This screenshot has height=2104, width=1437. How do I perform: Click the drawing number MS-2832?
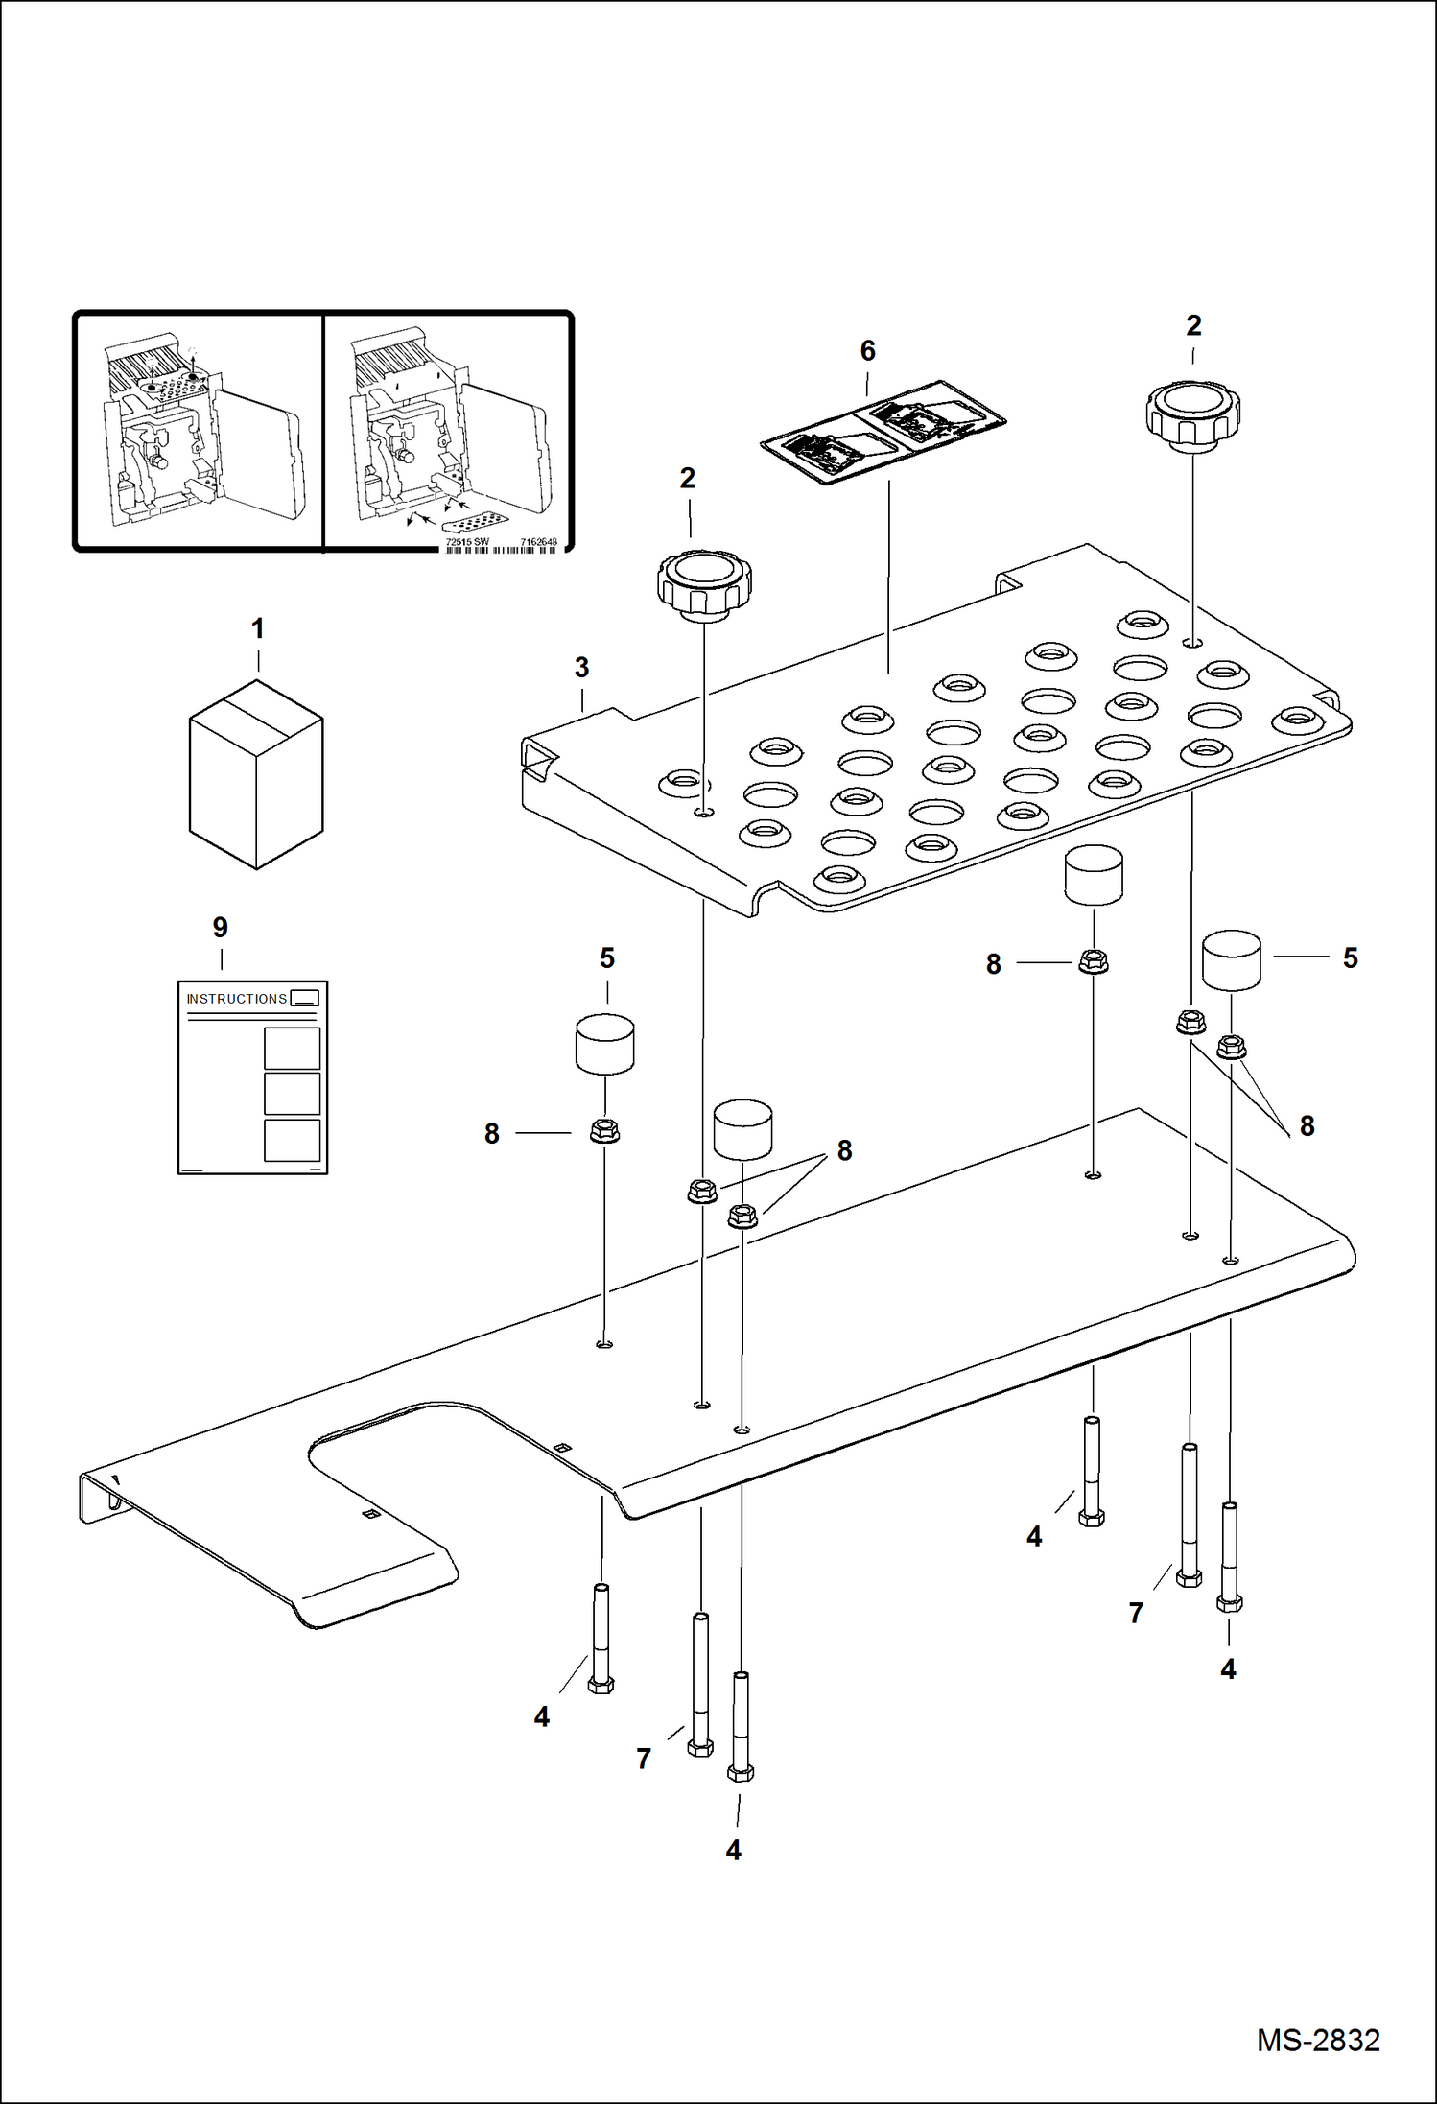(x=1318, y=2039)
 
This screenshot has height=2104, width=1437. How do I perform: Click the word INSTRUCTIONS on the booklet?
(x=236, y=999)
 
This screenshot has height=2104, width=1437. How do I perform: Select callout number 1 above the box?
(x=257, y=629)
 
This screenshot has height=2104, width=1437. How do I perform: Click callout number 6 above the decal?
(x=867, y=351)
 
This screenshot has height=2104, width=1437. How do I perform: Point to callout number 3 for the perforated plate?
(x=581, y=668)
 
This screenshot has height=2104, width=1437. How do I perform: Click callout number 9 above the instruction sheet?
(x=221, y=928)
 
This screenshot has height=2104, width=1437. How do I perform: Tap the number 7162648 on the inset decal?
(x=538, y=542)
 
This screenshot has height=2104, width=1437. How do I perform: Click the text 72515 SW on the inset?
(x=467, y=542)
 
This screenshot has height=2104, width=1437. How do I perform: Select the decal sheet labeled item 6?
(x=883, y=431)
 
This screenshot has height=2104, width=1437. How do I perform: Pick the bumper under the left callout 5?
(x=604, y=1044)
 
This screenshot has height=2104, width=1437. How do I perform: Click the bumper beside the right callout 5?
(x=1232, y=960)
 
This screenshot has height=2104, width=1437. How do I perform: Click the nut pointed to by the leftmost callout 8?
(x=603, y=1132)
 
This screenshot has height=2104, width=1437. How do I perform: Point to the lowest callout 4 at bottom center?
(x=734, y=1850)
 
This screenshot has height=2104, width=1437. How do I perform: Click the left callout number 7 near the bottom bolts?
(x=644, y=1759)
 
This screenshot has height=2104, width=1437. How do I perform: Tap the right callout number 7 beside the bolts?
(x=1136, y=1613)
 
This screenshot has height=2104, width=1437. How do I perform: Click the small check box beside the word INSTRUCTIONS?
(x=304, y=999)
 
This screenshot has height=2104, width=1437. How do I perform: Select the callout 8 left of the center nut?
(x=994, y=964)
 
